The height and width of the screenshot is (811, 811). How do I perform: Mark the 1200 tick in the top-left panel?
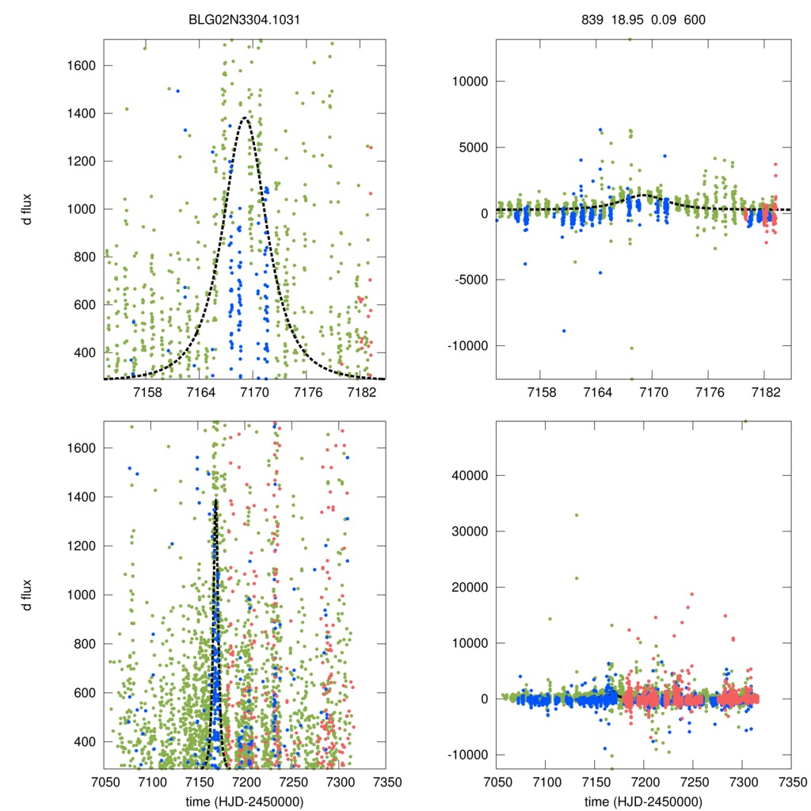pos(82,162)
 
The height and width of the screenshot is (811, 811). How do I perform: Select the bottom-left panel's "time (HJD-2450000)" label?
pos(245,801)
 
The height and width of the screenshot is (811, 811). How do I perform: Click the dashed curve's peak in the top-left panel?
pos(245,118)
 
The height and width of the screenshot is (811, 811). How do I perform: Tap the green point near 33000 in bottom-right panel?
pos(577,515)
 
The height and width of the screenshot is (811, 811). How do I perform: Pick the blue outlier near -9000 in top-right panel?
pos(564,331)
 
